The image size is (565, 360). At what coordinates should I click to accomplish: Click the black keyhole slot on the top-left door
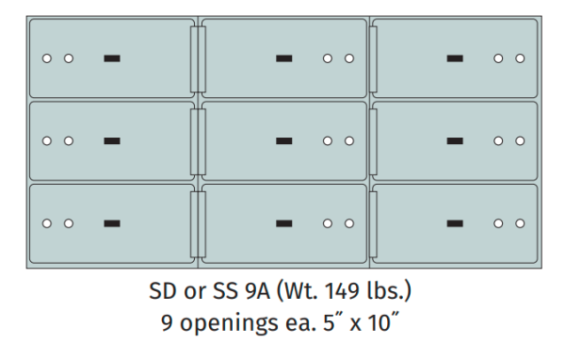[112, 58]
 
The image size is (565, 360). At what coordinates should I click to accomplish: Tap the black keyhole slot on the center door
[283, 141]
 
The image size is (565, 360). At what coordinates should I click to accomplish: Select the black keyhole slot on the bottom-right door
[455, 223]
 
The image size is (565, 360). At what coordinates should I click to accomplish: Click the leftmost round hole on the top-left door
[47, 58]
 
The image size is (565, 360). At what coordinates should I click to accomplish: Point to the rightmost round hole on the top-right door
[520, 58]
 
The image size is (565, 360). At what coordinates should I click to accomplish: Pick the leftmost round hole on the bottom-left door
[47, 223]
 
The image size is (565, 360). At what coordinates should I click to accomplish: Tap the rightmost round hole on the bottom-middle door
[348, 223]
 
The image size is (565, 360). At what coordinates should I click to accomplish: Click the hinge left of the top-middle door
[197, 58]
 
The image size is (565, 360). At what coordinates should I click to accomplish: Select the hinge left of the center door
[197, 141]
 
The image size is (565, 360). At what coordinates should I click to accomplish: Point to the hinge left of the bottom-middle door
[197, 223]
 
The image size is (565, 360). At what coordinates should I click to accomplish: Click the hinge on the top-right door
[372, 58]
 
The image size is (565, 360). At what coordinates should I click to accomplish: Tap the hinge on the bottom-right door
[372, 223]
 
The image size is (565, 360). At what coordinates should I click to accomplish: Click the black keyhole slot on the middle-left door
[112, 141]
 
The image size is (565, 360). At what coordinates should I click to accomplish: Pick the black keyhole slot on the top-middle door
[283, 58]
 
